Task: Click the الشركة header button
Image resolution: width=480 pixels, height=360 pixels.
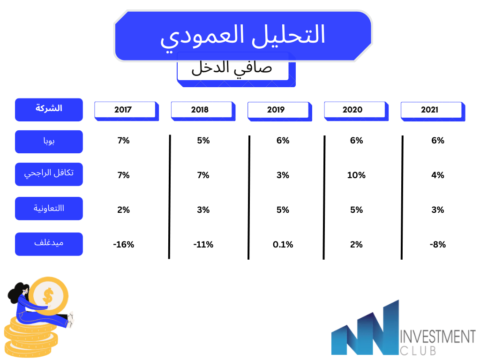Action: click(x=49, y=110)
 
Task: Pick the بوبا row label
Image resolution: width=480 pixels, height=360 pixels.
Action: click(x=49, y=142)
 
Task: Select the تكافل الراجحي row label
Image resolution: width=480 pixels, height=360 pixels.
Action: click(x=49, y=174)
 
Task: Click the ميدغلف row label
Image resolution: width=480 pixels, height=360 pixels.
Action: click(x=49, y=244)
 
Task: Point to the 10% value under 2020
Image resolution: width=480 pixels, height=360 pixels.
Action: click(x=356, y=175)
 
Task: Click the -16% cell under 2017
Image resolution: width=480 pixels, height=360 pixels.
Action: click(x=124, y=245)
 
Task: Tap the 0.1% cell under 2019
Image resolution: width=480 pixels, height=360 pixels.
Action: click(x=283, y=245)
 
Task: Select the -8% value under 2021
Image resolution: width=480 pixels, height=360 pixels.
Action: click(x=438, y=245)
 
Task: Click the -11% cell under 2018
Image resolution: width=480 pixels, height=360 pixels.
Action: click(x=203, y=245)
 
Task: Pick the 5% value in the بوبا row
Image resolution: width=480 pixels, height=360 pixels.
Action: click(x=203, y=141)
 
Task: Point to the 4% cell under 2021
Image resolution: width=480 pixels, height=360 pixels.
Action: click(x=438, y=175)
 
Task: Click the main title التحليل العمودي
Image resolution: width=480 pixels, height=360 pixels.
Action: click(x=242, y=37)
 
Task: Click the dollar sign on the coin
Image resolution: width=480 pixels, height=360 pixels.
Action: click(x=48, y=296)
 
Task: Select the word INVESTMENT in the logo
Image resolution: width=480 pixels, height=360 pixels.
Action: click(x=438, y=337)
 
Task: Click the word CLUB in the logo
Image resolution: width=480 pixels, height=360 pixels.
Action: click(x=418, y=351)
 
